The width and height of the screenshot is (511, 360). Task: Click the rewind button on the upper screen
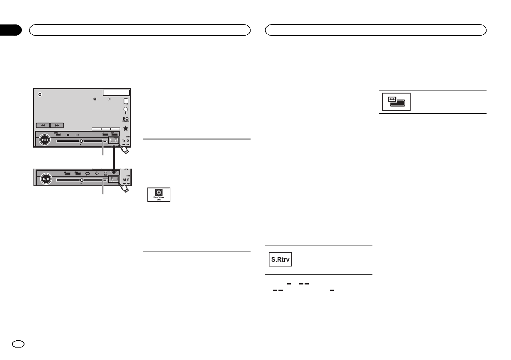point(43,126)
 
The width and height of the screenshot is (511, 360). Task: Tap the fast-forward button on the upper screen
point(57,126)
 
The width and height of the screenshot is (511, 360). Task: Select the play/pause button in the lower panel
point(45,179)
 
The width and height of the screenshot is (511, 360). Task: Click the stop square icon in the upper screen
point(68,134)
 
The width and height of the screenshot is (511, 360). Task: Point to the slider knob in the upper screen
point(81,140)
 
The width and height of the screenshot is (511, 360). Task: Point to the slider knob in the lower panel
point(81,180)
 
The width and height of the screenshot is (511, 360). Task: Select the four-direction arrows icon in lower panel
point(97,174)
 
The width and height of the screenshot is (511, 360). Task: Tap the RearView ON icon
point(158,194)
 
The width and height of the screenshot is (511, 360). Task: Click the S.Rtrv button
point(280,260)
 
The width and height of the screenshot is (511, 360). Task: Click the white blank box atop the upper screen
point(116,92)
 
